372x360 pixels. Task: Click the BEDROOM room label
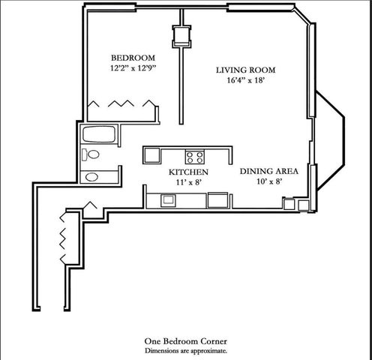click(133, 58)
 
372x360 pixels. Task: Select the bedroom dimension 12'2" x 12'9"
click(133, 69)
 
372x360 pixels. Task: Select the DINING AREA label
click(269, 171)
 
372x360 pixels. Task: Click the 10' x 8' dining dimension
click(269, 181)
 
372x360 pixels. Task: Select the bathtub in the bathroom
click(97, 136)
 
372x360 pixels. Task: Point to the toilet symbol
click(91, 155)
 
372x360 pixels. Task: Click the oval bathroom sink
click(91, 178)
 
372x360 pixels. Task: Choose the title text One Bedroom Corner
click(185, 340)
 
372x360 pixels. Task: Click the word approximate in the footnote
click(209, 349)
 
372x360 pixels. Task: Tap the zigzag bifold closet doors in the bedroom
click(120, 104)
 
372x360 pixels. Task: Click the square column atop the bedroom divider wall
click(181, 35)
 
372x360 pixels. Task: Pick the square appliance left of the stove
click(151, 155)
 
